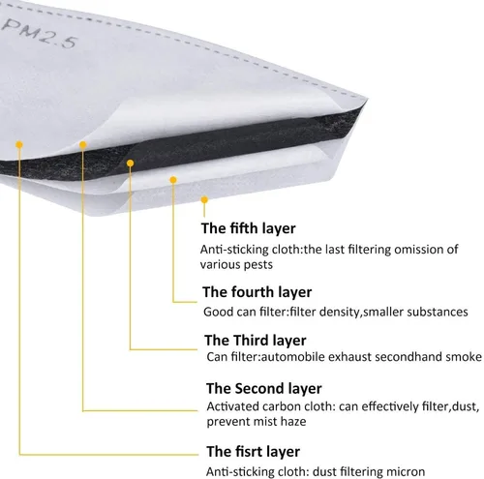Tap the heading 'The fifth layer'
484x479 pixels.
coord(248,228)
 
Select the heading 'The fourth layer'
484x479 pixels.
coord(257,292)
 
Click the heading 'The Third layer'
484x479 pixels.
coord(256,341)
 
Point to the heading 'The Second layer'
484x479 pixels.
coord(264,388)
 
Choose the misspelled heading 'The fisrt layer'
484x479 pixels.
coord(254,452)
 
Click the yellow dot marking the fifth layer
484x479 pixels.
coord(204,200)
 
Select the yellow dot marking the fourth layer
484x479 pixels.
coord(173,180)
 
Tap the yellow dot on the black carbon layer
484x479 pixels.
coord(131,164)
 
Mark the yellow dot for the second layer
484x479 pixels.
coord(83,145)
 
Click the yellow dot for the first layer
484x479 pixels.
coord(19,144)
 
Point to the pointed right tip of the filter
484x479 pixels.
coord(367,100)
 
